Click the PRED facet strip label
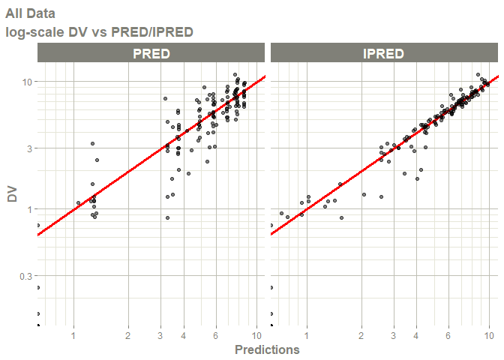pyautogui.click(x=151, y=53)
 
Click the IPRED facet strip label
pyautogui.click(x=383, y=53)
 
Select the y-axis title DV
pyautogui.click(x=12, y=194)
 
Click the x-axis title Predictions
pyautogui.click(x=267, y=349)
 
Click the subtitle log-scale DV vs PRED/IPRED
pyautogui.click(x=99, y=32)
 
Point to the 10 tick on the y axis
pyautogui.click(x=26, y=81)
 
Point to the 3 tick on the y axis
pyautogui.click(x=28, y=148)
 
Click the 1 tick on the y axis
pyautogui.click(x=28, y=209)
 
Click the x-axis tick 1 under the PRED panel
pyautogui.click(x=73, y=335)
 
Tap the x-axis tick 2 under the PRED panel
pyautogui.click(x=128, y=335)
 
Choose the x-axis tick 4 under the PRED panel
pyautogui.click(x=184, y=335)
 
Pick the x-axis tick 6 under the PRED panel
pyautogui.click(x=216, y=335)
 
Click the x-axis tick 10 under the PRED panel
pyautogui.click(x=256, y=335)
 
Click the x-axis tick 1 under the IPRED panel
pyautogui.click(x=306, y=335)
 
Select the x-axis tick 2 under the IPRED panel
pyautogui.click(x=361, y=335)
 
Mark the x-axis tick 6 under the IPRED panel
pyautogui.click(x=448, y=335)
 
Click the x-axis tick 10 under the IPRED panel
pyautogui.click(x=489, y=335)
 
